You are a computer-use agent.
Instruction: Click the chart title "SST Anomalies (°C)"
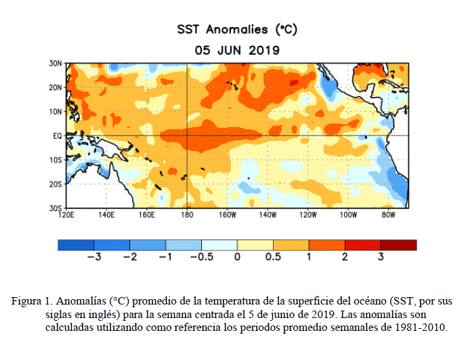(237, 30)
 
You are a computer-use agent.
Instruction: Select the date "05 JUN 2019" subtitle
(237, 50)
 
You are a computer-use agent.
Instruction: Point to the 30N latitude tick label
(56, 64)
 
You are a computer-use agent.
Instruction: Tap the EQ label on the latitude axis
(57, 136)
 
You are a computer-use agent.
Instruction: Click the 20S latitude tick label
(56, 184)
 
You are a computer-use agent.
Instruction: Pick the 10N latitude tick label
(56, 112)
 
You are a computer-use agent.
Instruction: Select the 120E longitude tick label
(66, 215)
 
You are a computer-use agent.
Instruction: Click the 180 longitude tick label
(187, 215)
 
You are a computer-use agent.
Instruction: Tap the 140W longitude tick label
(267, 215)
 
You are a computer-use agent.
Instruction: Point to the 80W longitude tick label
(388, 215)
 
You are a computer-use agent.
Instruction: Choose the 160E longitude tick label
(146, 215)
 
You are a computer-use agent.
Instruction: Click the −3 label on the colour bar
(94, 257)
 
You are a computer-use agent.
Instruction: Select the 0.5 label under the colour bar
(273, 257)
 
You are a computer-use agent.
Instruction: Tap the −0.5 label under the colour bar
(202, 257)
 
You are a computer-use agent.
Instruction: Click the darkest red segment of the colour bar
(399, 245)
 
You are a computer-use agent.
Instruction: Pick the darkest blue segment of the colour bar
(76, 245)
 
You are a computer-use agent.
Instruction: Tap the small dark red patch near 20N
(294, 82)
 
